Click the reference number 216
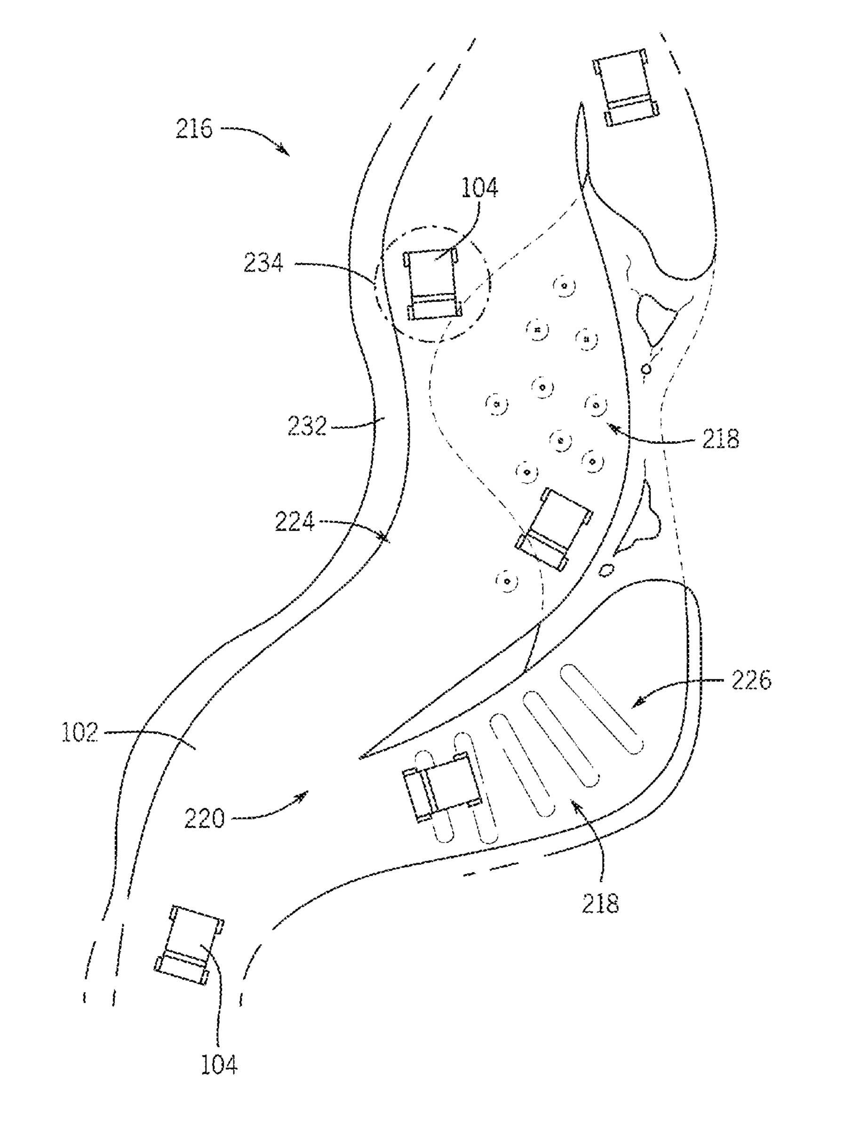(194, 129)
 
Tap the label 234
(263, 264)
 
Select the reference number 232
(307, 426)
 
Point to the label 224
(294, 522)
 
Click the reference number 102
(79, 733)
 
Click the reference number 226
(751, 680)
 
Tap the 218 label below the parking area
(600, 904)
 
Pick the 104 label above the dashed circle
(479, 188)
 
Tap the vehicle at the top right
(626, 87)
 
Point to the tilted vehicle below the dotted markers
(554, 530)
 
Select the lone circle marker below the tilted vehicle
(507, 581)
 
